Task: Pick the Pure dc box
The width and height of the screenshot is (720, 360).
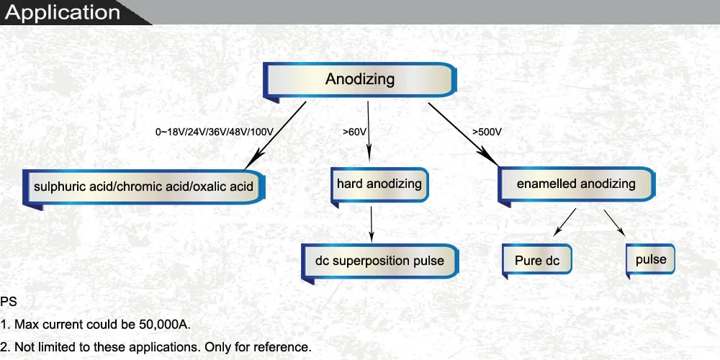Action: pos(537,261)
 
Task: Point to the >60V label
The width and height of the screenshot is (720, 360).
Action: pos(354,132)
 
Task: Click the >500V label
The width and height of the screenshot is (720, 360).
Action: pos(487,132)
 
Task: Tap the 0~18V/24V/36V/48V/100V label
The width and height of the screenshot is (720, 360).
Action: pos(215,132)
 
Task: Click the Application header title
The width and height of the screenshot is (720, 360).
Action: pos(62,12)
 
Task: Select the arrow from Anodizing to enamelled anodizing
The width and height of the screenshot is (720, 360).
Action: pos(463,134)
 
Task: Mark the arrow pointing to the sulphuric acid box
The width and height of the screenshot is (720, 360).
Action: pos(275,135)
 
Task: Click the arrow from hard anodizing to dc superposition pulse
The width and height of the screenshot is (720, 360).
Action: pos(372,224)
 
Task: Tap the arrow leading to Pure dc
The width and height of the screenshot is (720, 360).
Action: pos(564,222)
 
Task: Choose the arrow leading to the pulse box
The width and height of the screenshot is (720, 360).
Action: pos(614,223)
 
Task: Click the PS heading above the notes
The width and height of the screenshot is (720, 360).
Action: pos(9,302)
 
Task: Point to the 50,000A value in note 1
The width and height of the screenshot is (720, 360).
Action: pos(164,325)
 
